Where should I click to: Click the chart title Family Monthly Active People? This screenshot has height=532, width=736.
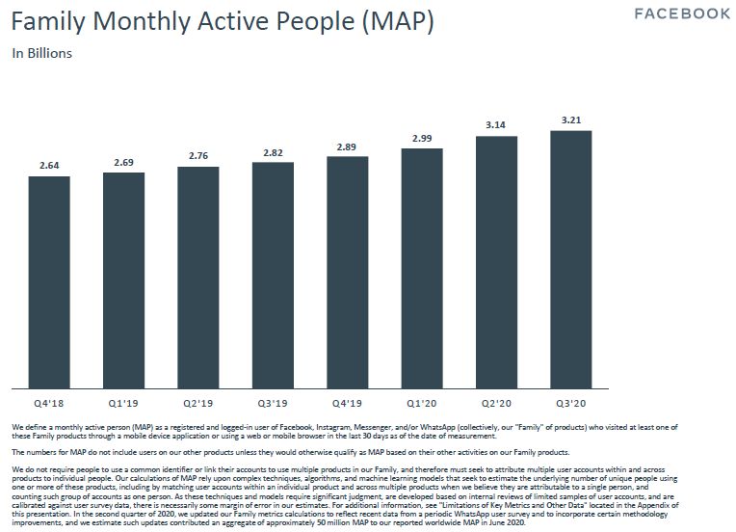222,20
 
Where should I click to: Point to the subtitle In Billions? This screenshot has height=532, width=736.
42,53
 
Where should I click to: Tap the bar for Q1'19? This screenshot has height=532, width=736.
123,279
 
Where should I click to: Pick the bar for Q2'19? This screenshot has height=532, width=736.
198,277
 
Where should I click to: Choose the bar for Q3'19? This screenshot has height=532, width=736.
273,275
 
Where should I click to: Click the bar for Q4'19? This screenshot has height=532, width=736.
347,272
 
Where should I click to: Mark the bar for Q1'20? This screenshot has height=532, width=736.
422,268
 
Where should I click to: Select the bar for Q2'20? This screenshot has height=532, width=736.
496,262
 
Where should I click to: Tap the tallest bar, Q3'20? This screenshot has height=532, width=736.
570,259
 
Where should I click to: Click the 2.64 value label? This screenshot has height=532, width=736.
49,167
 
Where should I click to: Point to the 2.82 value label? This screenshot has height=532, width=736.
273,152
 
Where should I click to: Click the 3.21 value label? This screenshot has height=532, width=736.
570,120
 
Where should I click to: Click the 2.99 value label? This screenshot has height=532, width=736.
422,139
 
